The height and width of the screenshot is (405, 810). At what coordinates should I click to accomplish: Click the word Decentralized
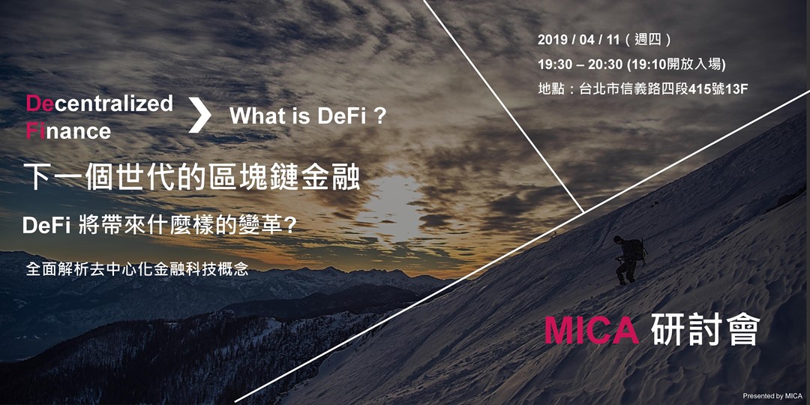(x=100, y=103)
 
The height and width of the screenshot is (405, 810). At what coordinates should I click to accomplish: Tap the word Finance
(x=68, y=131)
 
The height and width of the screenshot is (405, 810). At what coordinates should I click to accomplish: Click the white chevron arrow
(x=199, y=116)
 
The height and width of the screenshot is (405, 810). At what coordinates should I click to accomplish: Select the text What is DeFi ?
(x=307, y=116)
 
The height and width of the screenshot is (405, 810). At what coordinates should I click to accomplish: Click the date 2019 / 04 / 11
(x=579, y=40)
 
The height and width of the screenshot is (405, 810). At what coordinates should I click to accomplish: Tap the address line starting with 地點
(x=643, y=88)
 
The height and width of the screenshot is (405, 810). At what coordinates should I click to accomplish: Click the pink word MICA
(x=591, y=331)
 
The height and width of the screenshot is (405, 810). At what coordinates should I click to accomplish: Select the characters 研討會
(x=706, y=331)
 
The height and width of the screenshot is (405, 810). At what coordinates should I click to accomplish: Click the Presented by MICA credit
(x=772, y=395)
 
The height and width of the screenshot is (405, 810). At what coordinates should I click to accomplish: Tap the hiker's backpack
(x=636, y=249)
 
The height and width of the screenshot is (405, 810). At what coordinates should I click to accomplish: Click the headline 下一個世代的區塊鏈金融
(x=192, y=178)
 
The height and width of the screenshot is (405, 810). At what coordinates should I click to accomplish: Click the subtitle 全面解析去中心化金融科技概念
(x=137, y=269)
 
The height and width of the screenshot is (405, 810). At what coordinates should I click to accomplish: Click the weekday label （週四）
(x=648, y=40)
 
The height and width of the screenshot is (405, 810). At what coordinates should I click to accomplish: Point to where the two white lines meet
(x=584, y=213)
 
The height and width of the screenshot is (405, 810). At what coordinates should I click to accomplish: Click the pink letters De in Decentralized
(x=40, y=103)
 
